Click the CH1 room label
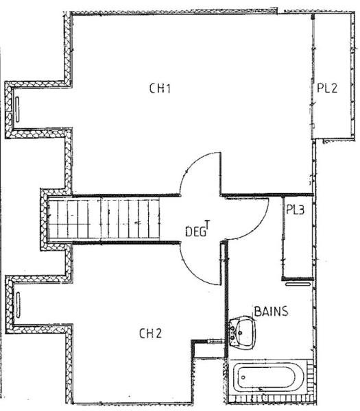tap(160, 88)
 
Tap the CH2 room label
tap(150, 334)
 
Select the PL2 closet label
tap(327, 88)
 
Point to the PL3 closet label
tap(295, 210)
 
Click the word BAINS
tap(271, 312)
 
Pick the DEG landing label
tap(195, 232)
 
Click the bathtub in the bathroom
tap(270, 377)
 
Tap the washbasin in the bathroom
tap(242, 332)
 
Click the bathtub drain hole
tap(243, 377)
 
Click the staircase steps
tap(104, 219)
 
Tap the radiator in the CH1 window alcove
tap(17, 110)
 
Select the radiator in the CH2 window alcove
tap(18, 305)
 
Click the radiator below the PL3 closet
tap(298, 284)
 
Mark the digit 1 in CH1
tap(168, 88)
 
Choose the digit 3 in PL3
tap(301, 210)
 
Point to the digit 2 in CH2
tap(158, 334)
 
